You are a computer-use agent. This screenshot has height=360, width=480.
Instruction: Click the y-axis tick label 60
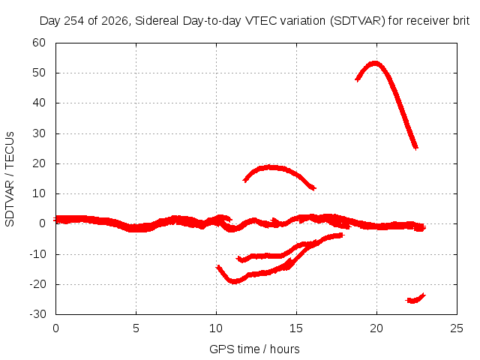pyautogui.click(x=39, y=43)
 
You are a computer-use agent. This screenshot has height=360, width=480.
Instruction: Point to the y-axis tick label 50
pyautogui.click(x=39, y=73)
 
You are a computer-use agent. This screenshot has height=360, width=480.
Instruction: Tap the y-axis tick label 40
pyautogui.click(x=39, y=103)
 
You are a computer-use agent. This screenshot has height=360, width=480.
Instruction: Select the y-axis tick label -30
pyautogui.click(x=37, y=314)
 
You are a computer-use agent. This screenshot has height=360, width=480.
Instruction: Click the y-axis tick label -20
pyautogui.click(x=37, y=284)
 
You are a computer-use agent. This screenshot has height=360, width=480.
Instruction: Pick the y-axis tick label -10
pyautogui.click(x=37, y=254)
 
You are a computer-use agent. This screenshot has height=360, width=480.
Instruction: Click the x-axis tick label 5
pyautogui.click(x=136, y=328)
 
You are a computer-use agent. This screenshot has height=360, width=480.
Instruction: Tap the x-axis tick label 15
pyautogui.click(x=296, y=328)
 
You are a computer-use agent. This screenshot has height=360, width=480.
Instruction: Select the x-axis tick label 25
pyautogui.click(x=457, y=328)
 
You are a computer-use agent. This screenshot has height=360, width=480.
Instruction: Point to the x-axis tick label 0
pyautogui.click(x=55, y=328)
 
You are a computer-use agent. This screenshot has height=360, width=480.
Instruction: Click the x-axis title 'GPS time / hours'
pyautogui.click(x=254, y=349)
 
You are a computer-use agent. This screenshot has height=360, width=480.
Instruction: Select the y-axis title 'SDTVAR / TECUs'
pyautogui.click(x=10, y=179)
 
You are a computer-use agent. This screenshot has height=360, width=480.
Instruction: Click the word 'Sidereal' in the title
pyautogui.click(x=157, y=21)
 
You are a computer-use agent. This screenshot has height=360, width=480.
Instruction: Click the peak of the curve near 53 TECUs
pyautogui.click(x=375, y=64)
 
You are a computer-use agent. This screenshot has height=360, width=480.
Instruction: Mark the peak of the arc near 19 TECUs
pyautogui.click(x=270, y=167)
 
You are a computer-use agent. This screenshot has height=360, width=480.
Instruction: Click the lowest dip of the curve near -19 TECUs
pyautogui.click(x=234, y=281)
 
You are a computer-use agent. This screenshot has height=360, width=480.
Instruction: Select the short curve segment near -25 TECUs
pyautogui.click(x=415, y=298)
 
